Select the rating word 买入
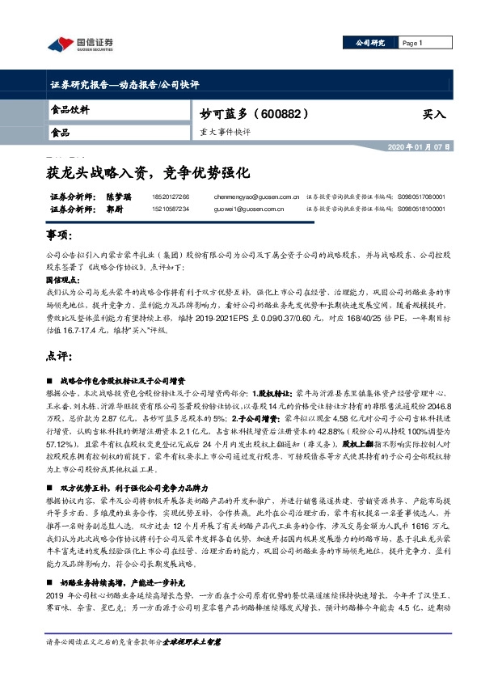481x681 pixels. tap(434, 115)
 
